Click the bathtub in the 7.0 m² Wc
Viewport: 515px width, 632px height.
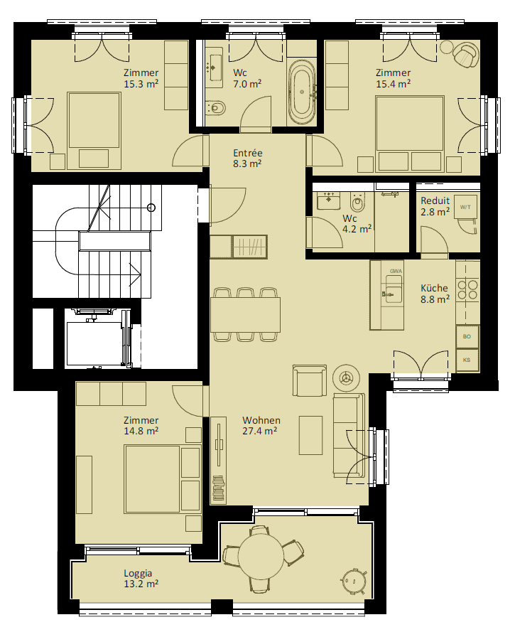[x=302, y=93]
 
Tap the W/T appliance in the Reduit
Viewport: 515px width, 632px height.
[x=465, y=207]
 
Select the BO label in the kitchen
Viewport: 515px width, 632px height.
[x=467, y=336]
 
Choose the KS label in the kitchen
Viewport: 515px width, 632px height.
[x=467, y=360]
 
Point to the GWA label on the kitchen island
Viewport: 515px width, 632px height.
[x=396, y=272]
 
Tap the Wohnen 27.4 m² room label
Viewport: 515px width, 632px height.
[x=261, y=426]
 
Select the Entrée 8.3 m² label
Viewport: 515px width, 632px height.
[x=248, y=159]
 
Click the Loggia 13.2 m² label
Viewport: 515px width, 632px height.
[x=141, y=579]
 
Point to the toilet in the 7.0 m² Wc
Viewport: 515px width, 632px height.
[x=215, y=108]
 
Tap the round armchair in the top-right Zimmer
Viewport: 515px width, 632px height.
[x=465, y=55]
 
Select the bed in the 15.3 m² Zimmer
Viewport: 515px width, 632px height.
[x=94, y=130]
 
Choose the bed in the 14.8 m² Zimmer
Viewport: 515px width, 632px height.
[x=152, y=478]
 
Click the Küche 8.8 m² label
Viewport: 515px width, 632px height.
[x=435, y=294]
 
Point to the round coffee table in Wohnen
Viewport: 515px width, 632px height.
[x=346, y=377]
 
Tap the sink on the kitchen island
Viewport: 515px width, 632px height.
[x=394, y=289]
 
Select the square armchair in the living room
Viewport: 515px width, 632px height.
[x=309, y=380]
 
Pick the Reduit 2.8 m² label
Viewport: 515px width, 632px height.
[x=435, y=206]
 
